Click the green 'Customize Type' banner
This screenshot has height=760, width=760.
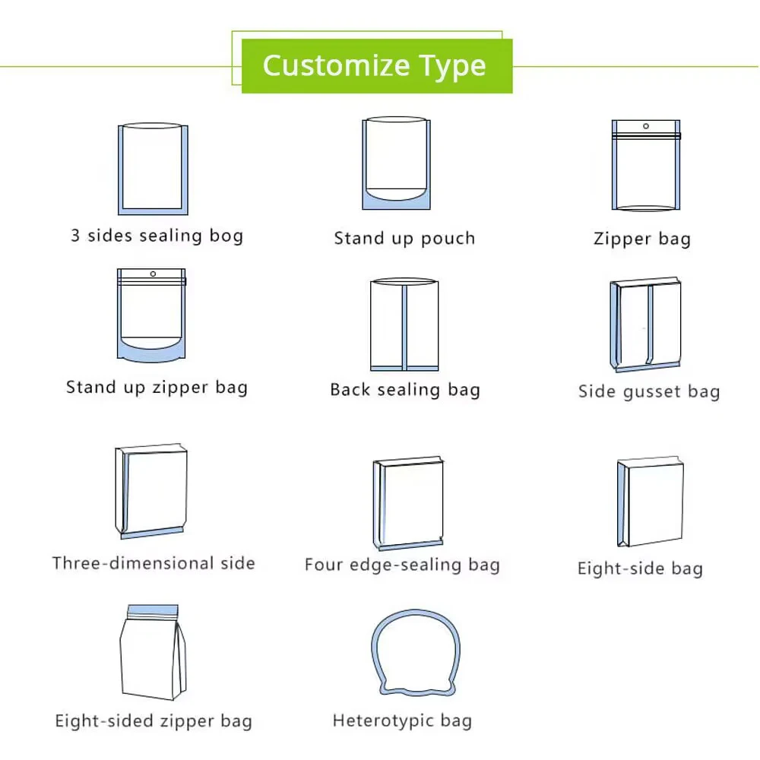click(377, 66)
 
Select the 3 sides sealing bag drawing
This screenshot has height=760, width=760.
click(154, 169)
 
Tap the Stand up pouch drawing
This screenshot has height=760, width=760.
click(397, 163)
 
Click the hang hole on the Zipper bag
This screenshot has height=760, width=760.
click(645, 126)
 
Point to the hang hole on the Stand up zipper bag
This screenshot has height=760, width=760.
click(154, 274)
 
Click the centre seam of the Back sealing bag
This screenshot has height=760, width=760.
click(404, 327)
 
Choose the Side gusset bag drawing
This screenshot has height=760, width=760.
click(645, 325)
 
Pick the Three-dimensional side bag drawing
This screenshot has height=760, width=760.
click(151, 490)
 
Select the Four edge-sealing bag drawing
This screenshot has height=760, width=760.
click(408, 503)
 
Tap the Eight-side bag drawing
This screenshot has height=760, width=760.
click(651, 501)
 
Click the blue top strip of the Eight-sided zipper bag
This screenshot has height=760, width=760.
click(153, 610)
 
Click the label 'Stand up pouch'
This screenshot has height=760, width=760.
click(405, 239)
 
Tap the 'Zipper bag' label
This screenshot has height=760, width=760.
click(642, 239)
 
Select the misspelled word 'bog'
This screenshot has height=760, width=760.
click(226, 236)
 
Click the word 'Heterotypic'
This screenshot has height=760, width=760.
click(383, 720)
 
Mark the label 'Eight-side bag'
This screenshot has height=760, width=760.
click(640, 568)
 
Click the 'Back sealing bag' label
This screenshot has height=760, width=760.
click(405, 390)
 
